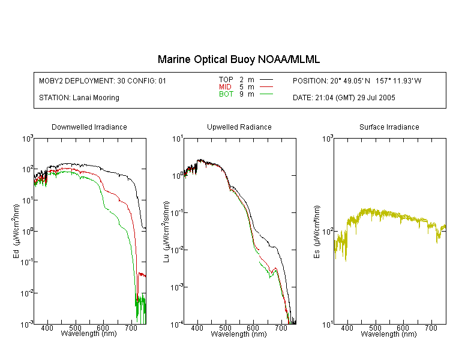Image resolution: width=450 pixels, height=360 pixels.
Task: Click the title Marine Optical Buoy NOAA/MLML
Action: [x=238, y=59]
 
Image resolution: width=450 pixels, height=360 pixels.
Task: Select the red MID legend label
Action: [x=225, y=86]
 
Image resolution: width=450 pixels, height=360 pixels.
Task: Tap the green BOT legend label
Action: [x=226, y=94]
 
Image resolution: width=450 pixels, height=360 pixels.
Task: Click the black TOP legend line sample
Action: [x=266, y=80]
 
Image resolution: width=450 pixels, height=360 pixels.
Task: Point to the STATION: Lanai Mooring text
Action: [x=79, y=98]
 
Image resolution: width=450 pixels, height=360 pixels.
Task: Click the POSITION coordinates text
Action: [x=357, y=80]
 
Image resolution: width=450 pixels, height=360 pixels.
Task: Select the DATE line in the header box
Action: [x=344, y=98]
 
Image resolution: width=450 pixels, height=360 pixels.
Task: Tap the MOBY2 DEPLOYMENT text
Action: [x=103, y=80]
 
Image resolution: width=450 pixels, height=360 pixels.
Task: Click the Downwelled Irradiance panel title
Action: [x=89, y=127]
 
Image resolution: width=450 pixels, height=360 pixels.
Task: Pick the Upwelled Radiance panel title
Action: [x=239, y=127]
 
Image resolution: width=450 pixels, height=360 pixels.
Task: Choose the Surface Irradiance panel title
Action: [x=389, y=127]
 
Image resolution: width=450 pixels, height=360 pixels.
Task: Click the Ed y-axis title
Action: [x=16, y=232]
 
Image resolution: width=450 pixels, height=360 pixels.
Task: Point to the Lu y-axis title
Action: [x=166, y=232]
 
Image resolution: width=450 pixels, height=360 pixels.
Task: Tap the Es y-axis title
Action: [x=316, y=232]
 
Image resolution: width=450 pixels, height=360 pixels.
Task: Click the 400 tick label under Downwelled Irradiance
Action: [x=47, y=328]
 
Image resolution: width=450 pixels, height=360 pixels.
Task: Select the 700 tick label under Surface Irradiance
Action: [x=431, y=328]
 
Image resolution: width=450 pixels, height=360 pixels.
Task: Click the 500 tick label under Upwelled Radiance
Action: [x=225, y=328]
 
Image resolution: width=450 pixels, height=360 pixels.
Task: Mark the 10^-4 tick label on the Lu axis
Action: [x=177, y=325]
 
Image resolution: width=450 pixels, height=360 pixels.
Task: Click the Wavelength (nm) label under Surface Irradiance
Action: [x=389, y=334]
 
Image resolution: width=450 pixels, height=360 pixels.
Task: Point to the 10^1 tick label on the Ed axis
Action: [x=27, y=200]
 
